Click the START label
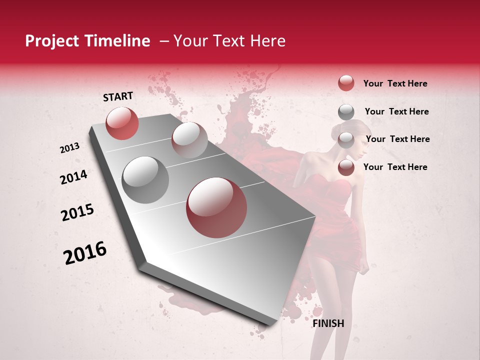pyautogui.click(x=118, y=96)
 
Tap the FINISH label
pyautogui.click(x=328, y=323)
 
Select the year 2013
pyautogui.click(x=69, y=148)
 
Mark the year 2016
pyautogui.click(x=85, y=253)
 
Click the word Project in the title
pyautogui.click(x=51, y=41)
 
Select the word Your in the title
pyautogui.click(x=190, y=41)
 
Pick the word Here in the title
pyautogui.click(x=267, y=41)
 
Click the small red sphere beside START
pyautogui.click(x=122, y=123)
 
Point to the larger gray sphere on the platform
pyautogui.click(x=145, y=180)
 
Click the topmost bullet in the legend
pyautogui.click(x=346, y=83)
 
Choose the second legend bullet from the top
pyautogui.click(x=346, y=112)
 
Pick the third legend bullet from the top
pyautogui.click(x=346, y=140)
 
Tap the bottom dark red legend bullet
pyautogui.click(x=346, y=167)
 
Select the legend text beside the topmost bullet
pyautogui.click(x=395, y=83)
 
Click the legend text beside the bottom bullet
pyautogui.click(x=395, y=167)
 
